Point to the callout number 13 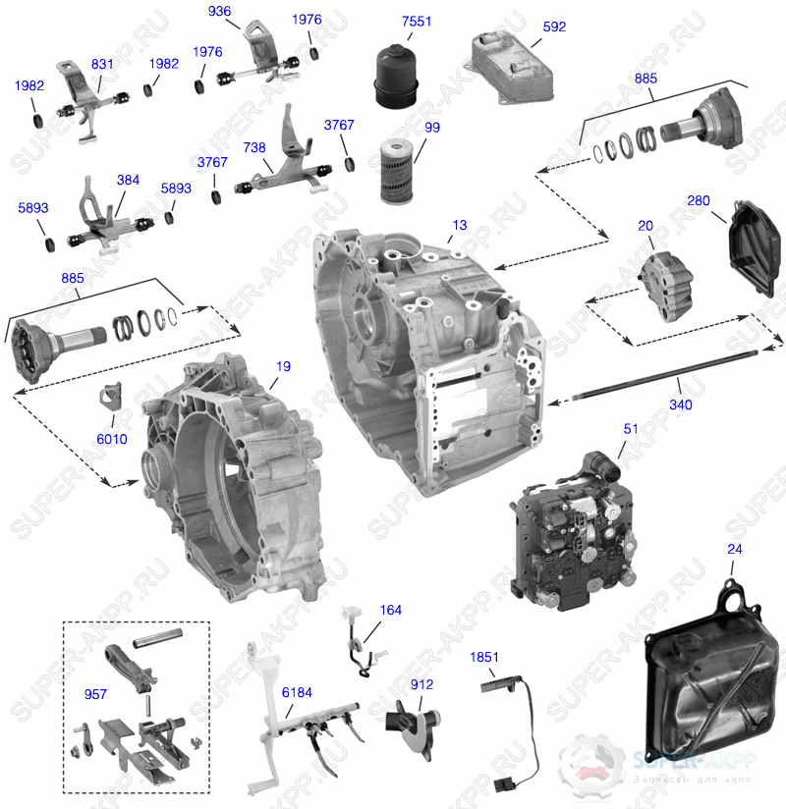(x=460, y=226)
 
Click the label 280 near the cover (x=699, y=201)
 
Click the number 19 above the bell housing (x=283, y=366)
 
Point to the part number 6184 (x=297, y=692)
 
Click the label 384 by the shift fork (x=128, y=181)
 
